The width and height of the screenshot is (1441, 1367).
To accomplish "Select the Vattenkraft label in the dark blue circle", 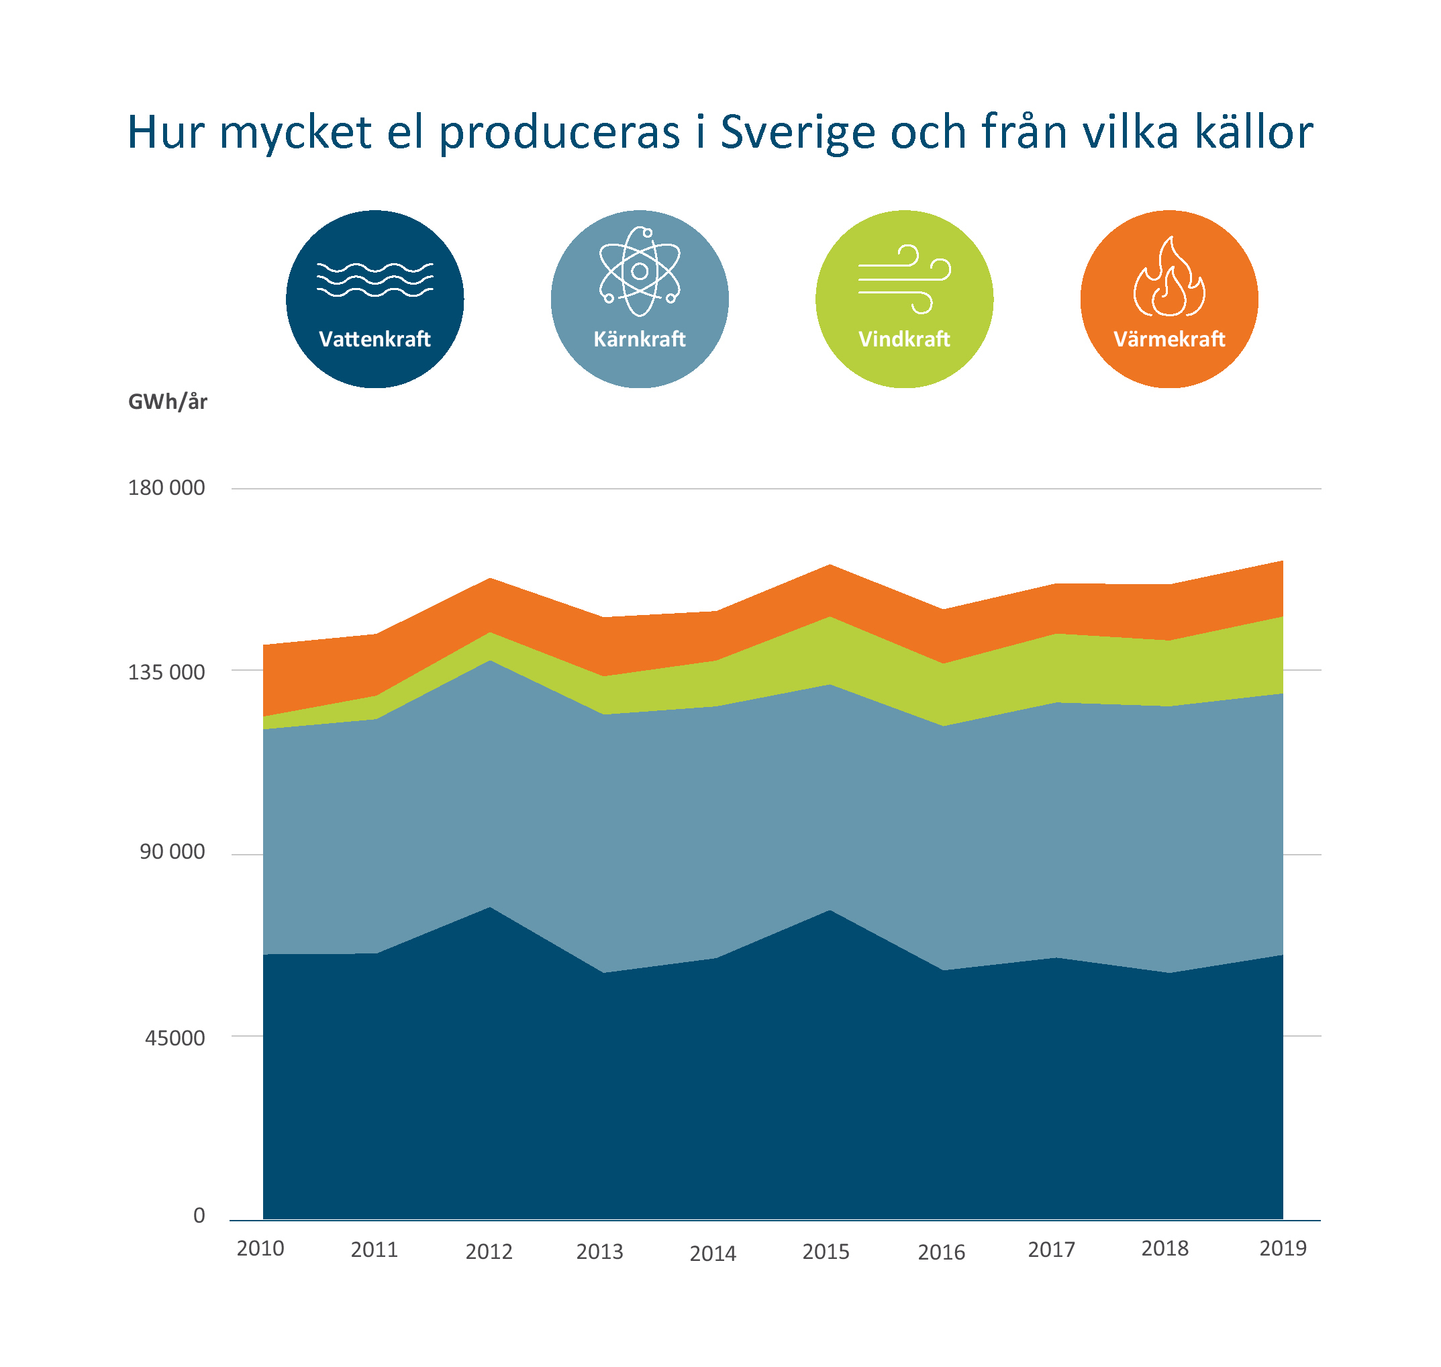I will point(375,340).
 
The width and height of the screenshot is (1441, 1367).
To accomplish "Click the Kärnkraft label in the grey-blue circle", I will point(639,340).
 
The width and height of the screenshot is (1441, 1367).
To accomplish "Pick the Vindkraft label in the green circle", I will point(903,340).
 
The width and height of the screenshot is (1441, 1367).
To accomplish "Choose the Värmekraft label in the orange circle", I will point(1169,340).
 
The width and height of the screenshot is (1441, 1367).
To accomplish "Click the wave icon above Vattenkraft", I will point(375,280).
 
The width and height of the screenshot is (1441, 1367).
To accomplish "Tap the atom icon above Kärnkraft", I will point(639,272).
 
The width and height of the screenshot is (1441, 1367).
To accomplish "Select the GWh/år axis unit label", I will point(168,402).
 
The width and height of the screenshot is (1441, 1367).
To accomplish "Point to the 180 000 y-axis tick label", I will point(166,488).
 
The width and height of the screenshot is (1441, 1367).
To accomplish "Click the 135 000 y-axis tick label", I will point(166,673).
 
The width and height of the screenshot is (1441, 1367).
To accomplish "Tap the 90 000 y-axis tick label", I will point(172,852).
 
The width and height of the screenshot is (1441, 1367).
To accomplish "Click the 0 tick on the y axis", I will point(199,1215).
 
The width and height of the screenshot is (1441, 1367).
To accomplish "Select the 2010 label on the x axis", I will point(260,1249).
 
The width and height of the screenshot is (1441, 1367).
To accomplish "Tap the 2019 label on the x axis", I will point(1282,1249).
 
